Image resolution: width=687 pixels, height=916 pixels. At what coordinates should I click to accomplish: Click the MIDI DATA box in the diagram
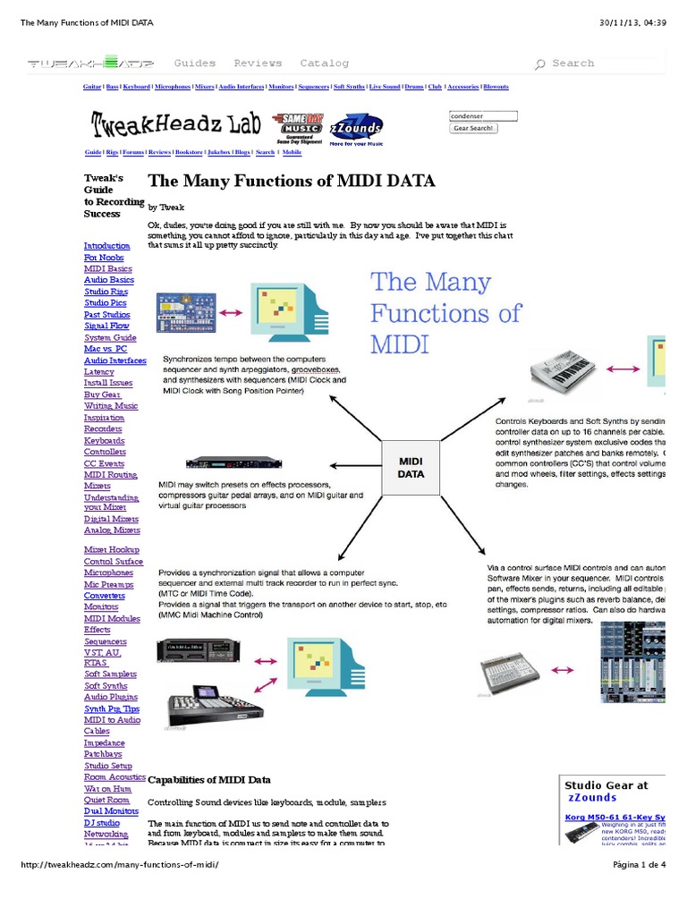point(411,467)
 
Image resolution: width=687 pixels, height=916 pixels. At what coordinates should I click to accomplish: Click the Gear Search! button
point(473,128)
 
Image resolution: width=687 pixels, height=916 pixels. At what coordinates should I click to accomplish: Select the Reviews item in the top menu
point(258,64)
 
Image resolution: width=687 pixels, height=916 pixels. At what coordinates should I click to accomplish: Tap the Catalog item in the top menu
point(324,64)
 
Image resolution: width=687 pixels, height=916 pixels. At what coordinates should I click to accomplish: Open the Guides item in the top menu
point(195,64)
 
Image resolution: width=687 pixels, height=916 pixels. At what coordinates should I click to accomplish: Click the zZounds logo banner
point(356,128)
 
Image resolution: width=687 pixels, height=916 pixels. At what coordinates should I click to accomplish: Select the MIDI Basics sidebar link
point(107,268)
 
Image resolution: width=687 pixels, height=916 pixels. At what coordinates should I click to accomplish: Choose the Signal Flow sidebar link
point(106,326)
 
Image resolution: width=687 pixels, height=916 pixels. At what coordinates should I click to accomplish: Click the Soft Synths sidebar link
point(106,685)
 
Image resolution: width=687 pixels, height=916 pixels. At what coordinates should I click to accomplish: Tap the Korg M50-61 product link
point(615,817)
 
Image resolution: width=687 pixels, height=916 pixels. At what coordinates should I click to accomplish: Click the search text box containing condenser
point(483,115)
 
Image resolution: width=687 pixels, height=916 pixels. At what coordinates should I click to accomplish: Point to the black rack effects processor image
point(233,462)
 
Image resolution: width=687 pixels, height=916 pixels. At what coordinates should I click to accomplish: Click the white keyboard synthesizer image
point(562,369)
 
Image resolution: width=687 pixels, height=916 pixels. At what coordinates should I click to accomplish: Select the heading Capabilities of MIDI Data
point(208,780)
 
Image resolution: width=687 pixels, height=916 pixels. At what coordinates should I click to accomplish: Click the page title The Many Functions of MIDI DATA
point(292,181)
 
